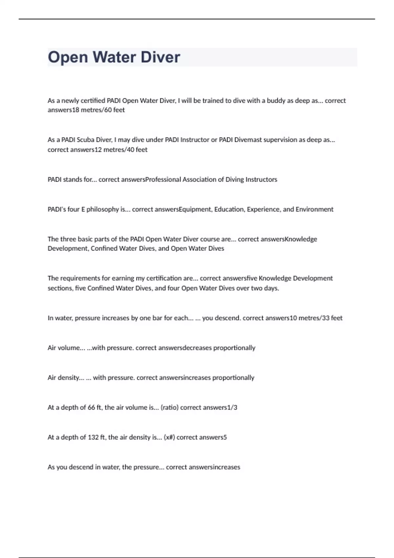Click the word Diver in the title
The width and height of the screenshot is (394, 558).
click(160, 57)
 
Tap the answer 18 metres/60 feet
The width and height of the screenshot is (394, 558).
click(98, 110)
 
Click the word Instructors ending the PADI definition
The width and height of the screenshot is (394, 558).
click(261, 180)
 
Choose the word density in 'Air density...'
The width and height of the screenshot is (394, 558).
click(69, 378)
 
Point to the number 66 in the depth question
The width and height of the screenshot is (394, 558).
click(91, 408)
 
